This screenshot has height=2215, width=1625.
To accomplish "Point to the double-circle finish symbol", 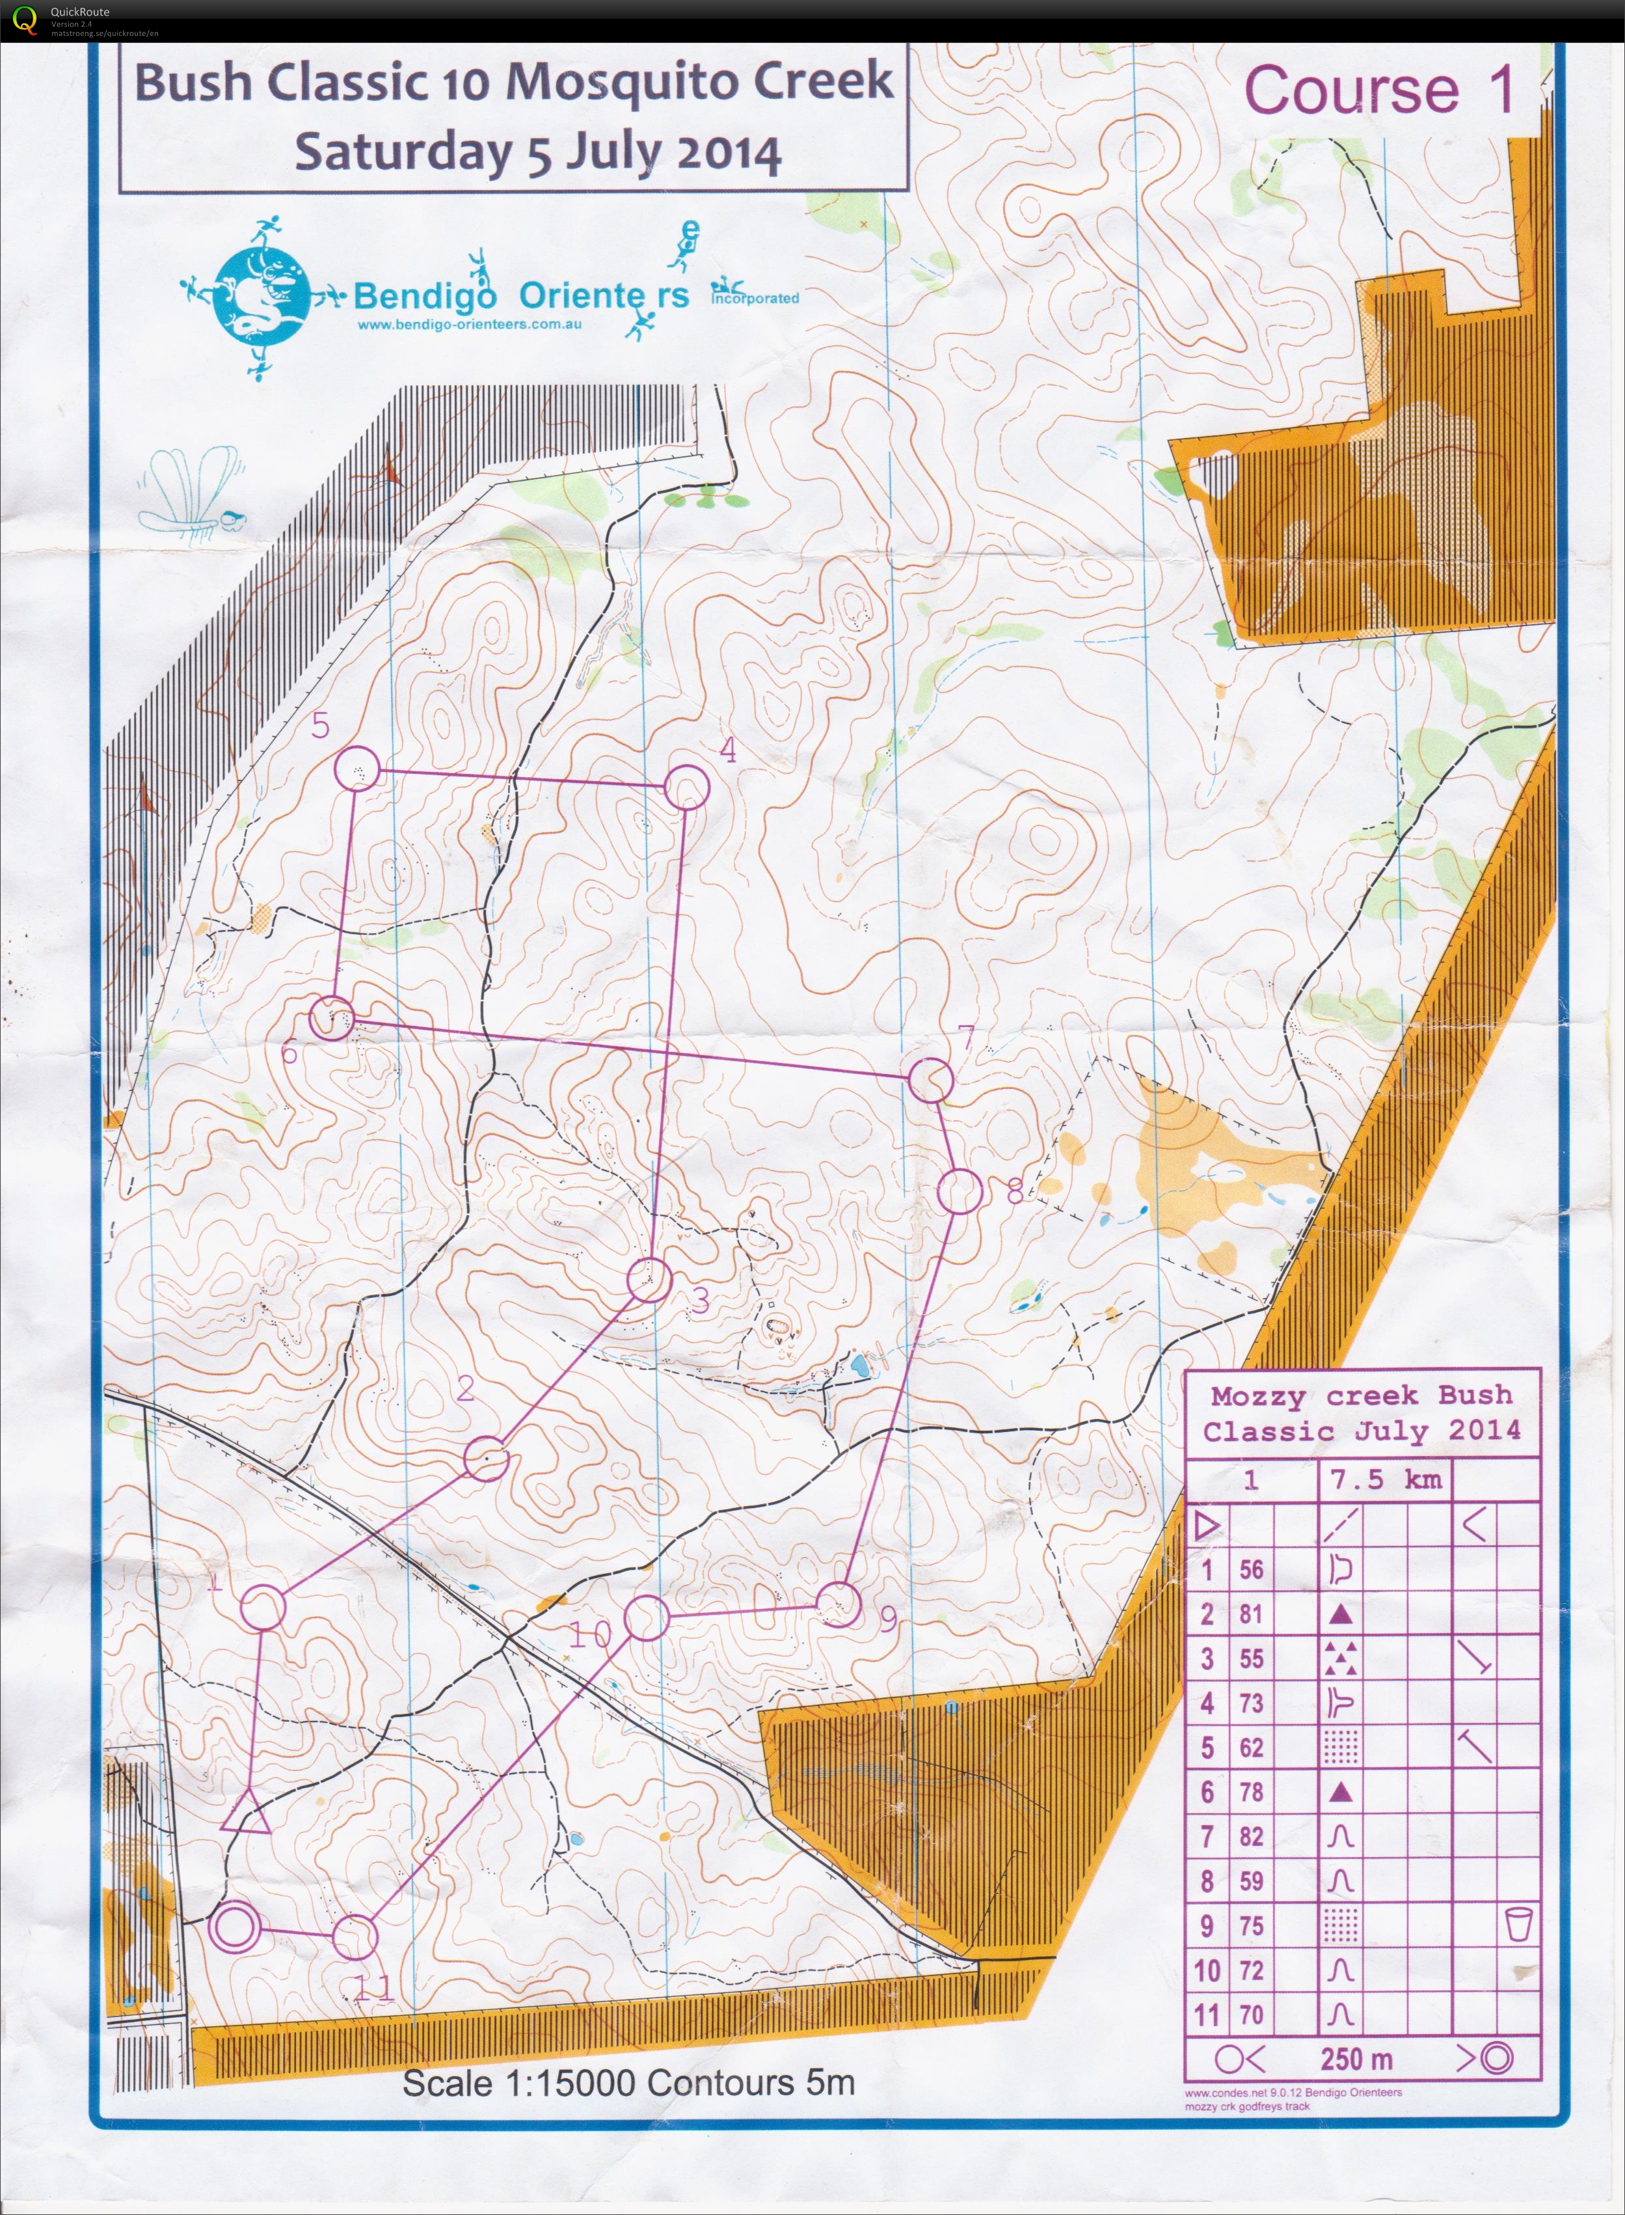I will click(x=235, y=1927).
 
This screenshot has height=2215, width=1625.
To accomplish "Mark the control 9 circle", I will click(x=839, y=1604).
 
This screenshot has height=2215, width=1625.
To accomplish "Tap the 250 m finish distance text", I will click(x=1356, y=2057).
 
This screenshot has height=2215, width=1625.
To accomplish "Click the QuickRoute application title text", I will click(x=79, y=12).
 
